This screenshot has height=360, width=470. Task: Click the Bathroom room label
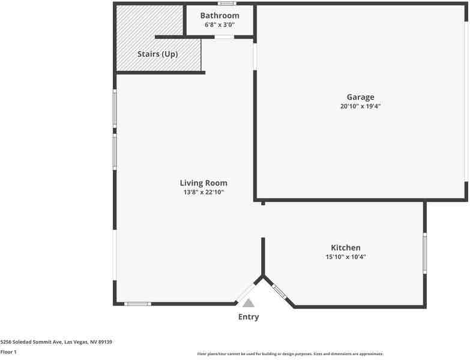220,16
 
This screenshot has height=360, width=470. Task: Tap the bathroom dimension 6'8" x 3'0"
220,25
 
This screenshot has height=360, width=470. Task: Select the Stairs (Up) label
157,54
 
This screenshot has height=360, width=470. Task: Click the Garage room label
360,97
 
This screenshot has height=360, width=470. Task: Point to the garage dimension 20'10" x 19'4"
360,107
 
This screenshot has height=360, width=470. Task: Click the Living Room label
203,183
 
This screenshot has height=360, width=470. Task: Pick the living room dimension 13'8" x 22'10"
203,193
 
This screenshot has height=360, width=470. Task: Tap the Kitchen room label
346,248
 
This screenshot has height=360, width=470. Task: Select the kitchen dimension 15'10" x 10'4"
346,257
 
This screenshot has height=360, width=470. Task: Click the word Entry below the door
249,317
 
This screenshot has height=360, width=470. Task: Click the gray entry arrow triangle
249,304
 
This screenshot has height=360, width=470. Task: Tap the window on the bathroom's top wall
227,4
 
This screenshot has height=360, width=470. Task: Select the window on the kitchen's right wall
425,253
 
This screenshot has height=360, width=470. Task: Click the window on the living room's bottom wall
137,304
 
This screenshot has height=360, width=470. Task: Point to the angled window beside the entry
279,292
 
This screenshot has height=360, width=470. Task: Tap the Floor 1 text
8,352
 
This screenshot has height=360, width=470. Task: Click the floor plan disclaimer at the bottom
290,354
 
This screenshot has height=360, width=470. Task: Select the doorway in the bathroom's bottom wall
224,37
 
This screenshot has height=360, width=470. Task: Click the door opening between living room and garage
255,56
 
